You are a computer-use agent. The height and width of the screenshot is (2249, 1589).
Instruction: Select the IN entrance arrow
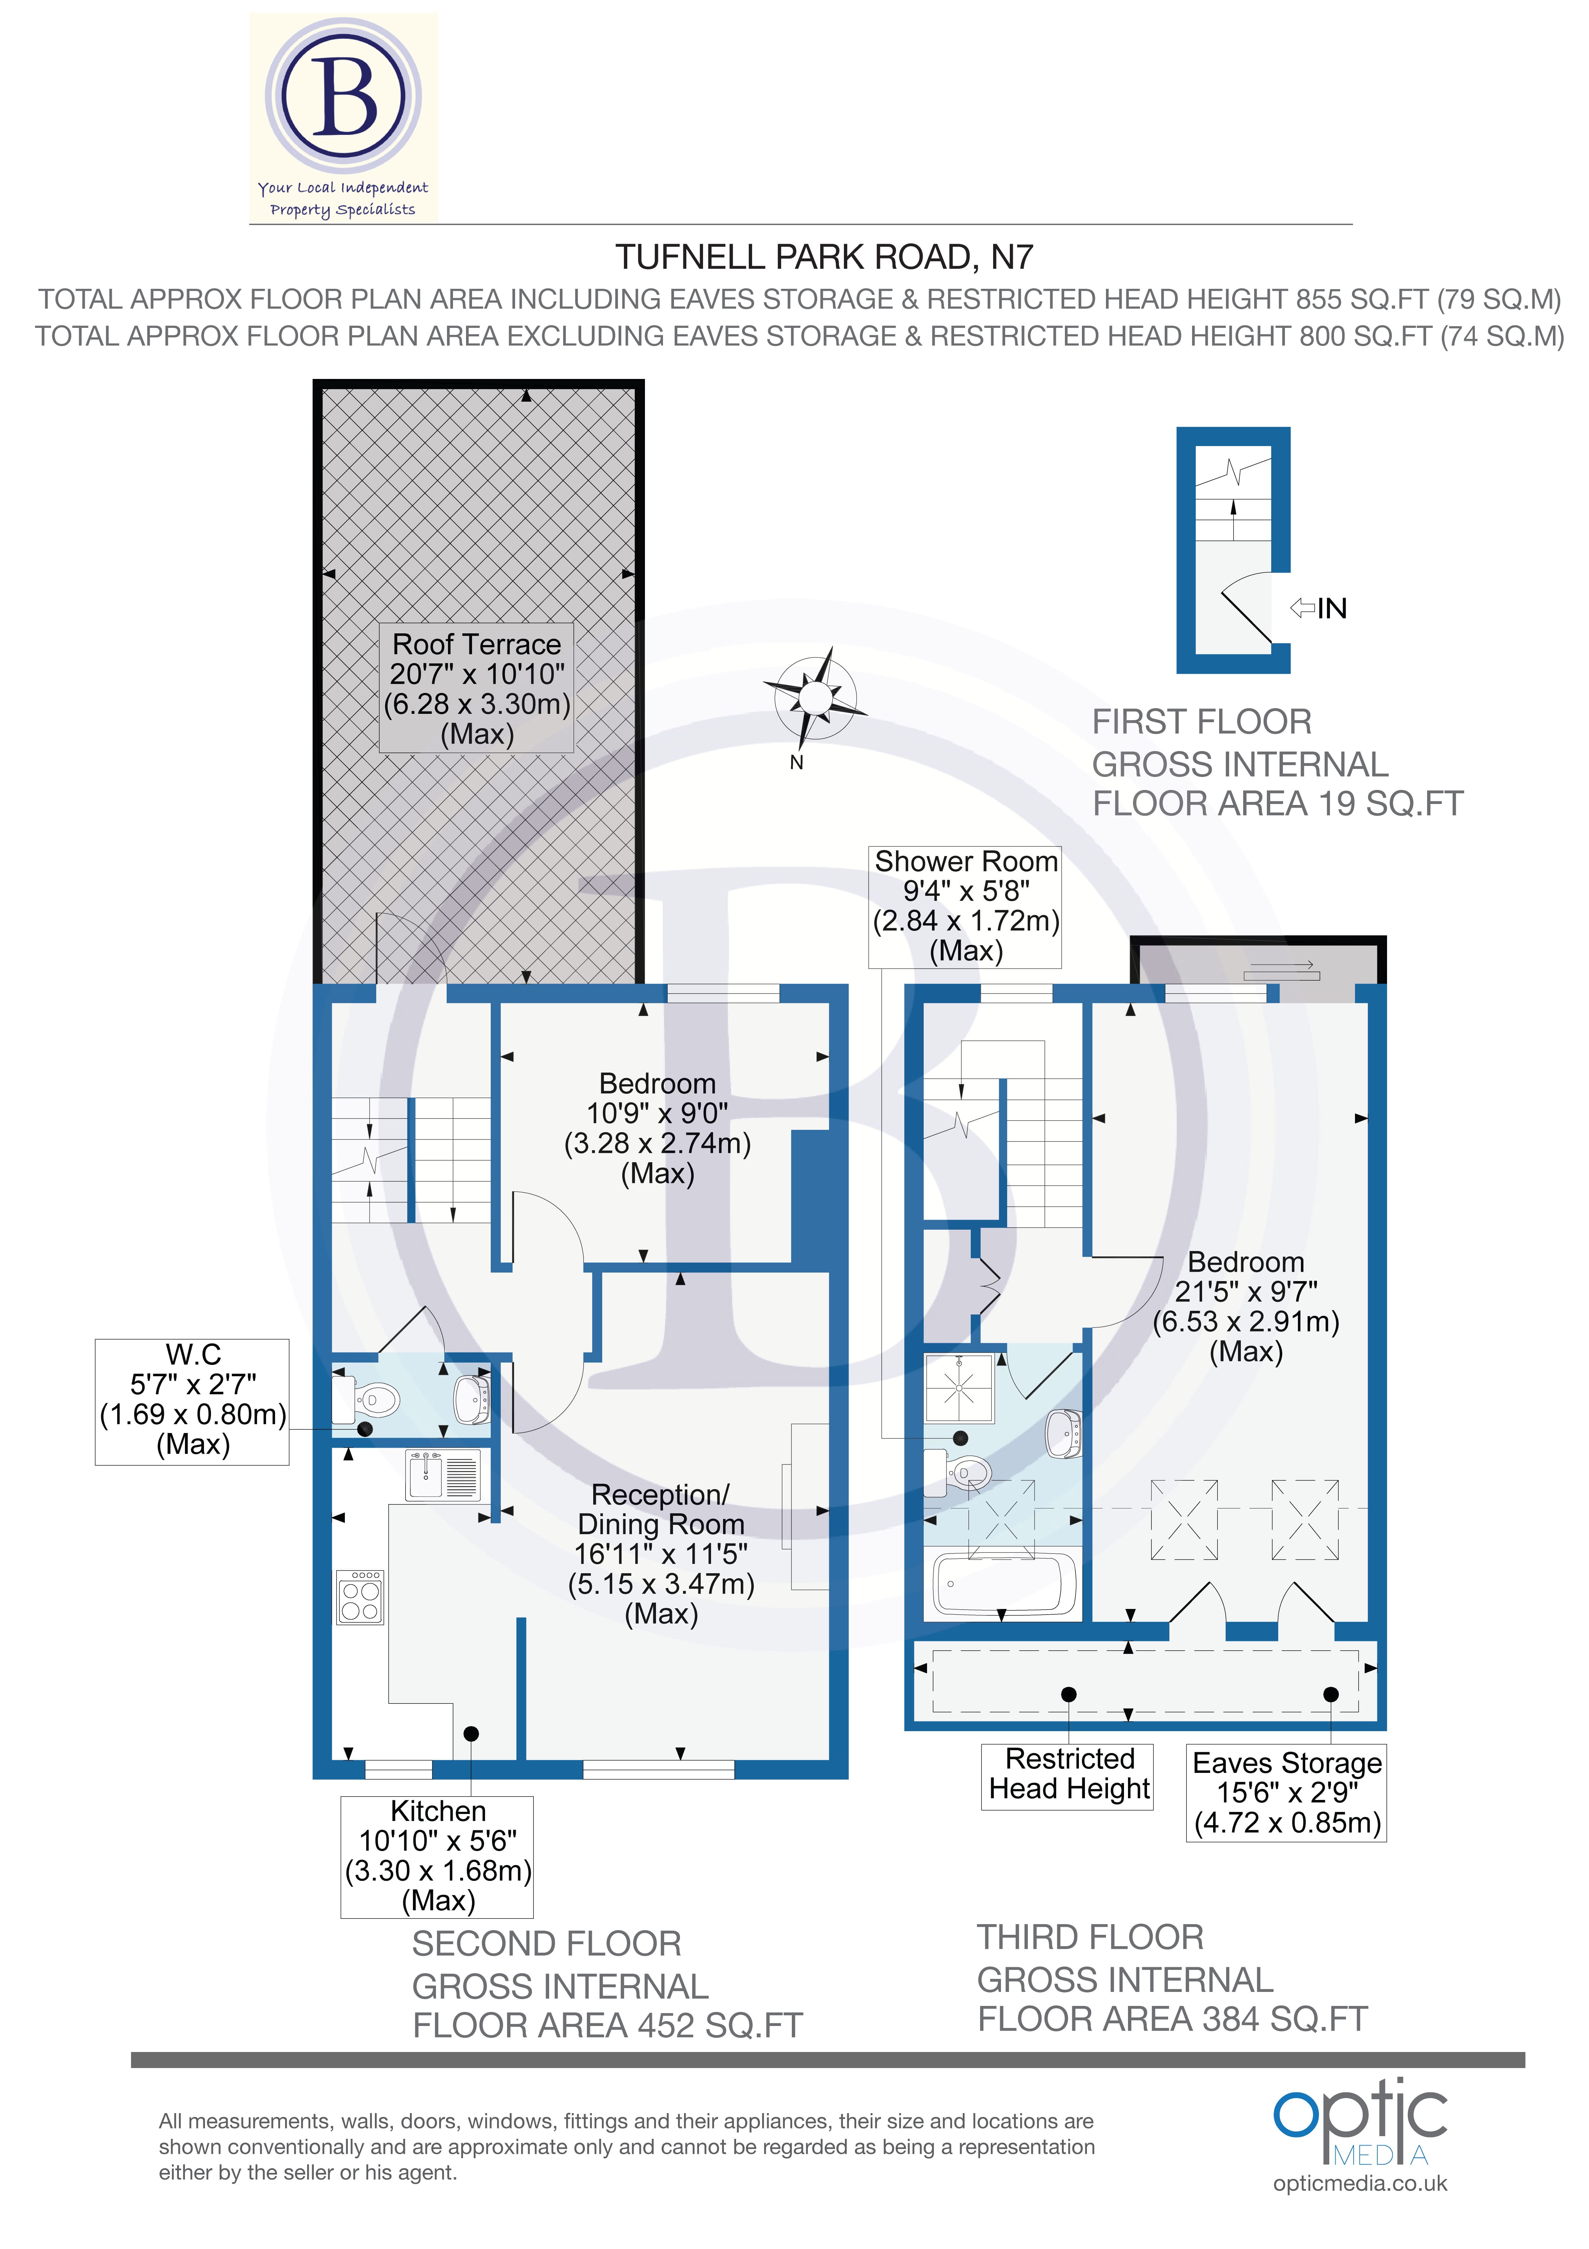1319,608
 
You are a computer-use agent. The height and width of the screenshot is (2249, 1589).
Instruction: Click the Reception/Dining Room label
661,1554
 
